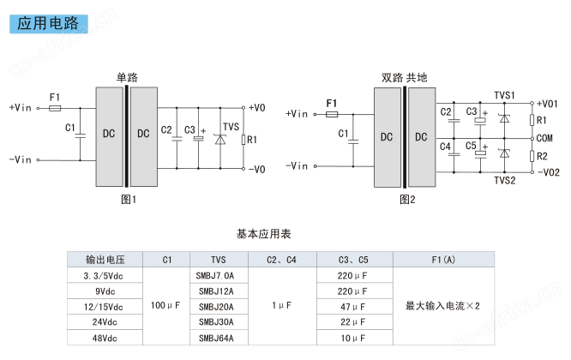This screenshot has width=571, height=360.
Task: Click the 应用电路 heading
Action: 48,24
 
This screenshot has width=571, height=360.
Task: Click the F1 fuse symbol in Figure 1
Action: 55,108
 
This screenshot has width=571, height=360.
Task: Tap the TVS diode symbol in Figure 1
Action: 220,140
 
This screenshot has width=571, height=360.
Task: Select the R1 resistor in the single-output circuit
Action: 243,140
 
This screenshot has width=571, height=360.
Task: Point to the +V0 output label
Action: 256,108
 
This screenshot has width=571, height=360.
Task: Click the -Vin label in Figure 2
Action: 297,166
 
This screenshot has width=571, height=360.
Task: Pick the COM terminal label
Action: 544,138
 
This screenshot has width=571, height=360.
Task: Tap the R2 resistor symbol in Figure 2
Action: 532,156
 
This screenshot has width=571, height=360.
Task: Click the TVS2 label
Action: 505,181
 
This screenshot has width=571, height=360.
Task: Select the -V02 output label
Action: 549,172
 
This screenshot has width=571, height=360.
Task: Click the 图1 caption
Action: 129,200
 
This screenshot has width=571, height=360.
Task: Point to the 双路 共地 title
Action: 404,77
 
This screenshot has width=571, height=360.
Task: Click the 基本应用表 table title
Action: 264,234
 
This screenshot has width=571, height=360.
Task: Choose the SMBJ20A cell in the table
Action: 216,307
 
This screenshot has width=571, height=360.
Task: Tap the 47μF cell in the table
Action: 352,307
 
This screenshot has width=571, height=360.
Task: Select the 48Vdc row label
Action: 105,339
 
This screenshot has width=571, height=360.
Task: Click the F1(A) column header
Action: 443,260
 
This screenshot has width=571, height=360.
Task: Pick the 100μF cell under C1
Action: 165,305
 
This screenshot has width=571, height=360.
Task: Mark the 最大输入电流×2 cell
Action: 442,306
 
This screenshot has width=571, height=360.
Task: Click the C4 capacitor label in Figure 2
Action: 445,147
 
